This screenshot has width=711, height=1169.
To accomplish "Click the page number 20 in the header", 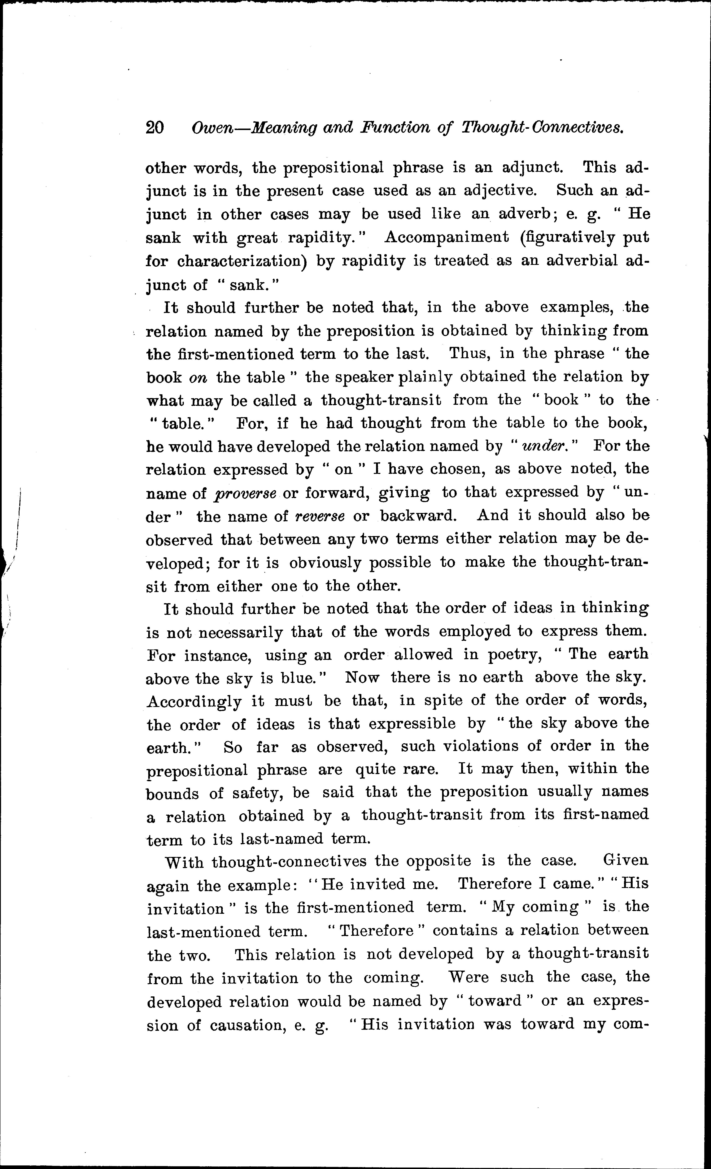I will point(155,127).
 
